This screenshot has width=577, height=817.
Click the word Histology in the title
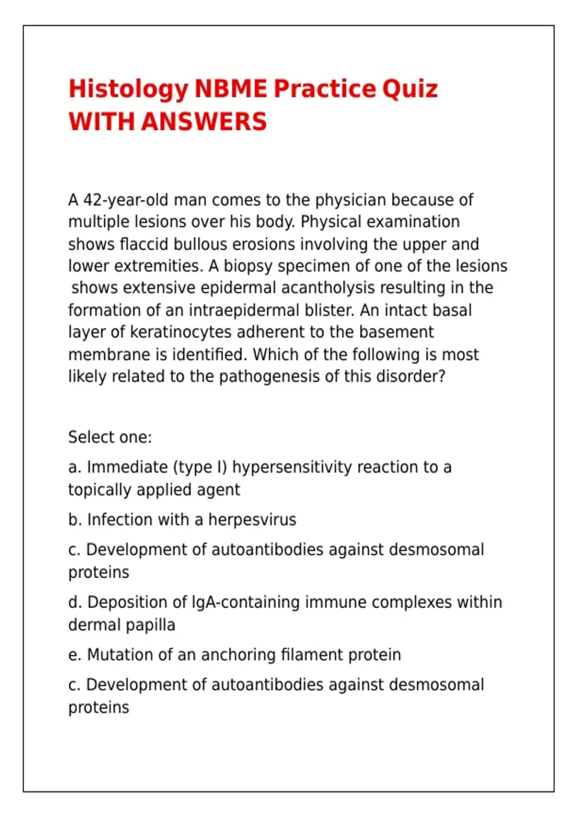[128, 90]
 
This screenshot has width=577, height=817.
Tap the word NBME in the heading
[230, 89]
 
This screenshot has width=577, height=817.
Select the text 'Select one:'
[110, 437]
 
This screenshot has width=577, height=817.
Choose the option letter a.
[74, 467]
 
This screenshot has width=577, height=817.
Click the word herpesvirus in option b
[252, 520]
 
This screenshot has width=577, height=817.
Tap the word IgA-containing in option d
[246, 602]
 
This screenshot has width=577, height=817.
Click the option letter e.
[74, 655]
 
